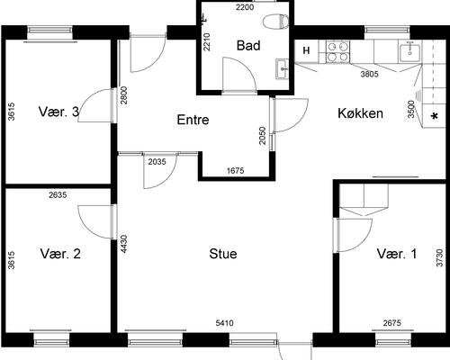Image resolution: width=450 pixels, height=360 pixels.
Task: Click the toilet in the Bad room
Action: click(x=275, y=22)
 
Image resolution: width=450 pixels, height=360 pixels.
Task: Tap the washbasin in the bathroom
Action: click(x=282, y=69)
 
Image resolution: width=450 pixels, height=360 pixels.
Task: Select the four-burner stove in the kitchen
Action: click(x=338, y=51)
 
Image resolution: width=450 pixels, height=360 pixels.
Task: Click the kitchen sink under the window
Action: click(x=410, y=52)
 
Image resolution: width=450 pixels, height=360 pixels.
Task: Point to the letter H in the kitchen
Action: click(x=306, y=50)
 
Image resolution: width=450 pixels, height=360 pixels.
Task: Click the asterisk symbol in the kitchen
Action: click(x=434, y=116)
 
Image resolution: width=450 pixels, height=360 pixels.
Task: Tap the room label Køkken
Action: click(x=360, y=113)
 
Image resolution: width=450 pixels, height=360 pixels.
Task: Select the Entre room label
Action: click(x=193, y=120)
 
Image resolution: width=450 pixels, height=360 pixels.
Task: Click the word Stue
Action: click(x=223, y=254)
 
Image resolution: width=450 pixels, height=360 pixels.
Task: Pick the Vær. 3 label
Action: click(x=58, y=112)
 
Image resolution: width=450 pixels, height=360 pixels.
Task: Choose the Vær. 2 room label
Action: click(x=60, y=254)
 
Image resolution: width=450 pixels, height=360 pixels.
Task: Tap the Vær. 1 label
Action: click(x=397, y=254)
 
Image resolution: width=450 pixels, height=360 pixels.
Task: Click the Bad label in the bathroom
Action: click(x=248, y=46)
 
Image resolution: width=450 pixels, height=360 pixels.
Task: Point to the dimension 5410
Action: click(x=224, y=323)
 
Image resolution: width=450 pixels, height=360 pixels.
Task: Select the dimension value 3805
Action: click(x=369, y=74)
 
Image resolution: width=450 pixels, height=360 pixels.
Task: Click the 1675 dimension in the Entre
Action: click(x=236, y=171)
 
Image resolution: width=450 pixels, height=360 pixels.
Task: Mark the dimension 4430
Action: click(x=124, y=244)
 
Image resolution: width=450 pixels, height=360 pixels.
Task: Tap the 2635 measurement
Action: click(x=58, y=195)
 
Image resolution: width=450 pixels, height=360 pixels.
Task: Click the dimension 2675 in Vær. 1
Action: click(x=392, y=323)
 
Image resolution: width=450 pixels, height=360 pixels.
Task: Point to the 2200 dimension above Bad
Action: click(x=245, y=7)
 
